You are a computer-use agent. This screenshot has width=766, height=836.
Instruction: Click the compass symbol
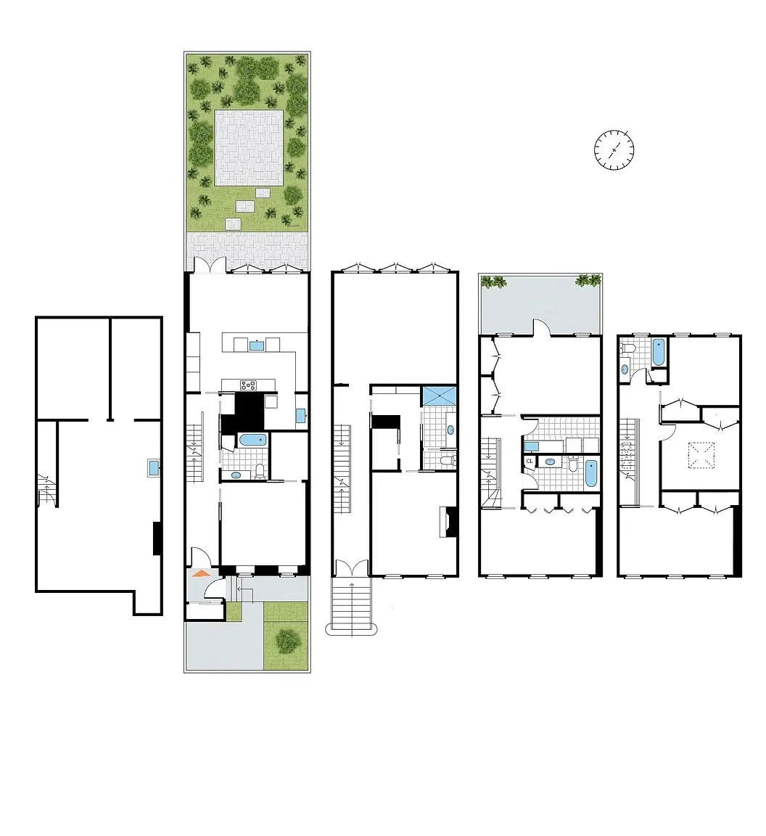[614, 150]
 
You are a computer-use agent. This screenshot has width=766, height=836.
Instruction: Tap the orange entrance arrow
[201, 573]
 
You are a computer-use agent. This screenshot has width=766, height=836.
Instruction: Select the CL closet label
[530, 461]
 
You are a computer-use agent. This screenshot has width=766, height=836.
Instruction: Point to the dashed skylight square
[701, 456]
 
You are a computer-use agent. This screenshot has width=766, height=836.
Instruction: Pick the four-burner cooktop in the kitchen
[249, 385]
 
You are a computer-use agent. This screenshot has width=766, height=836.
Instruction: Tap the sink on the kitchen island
[256, 345]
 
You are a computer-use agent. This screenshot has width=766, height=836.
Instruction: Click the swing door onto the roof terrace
[543, 328]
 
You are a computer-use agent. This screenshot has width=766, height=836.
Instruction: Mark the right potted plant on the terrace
[588, 281]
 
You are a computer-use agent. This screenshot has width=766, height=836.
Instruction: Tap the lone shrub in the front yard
[287, 640]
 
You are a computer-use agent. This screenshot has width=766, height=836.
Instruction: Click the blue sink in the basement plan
[154, 468]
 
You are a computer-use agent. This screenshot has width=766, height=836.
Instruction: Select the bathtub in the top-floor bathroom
[659, 352]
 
